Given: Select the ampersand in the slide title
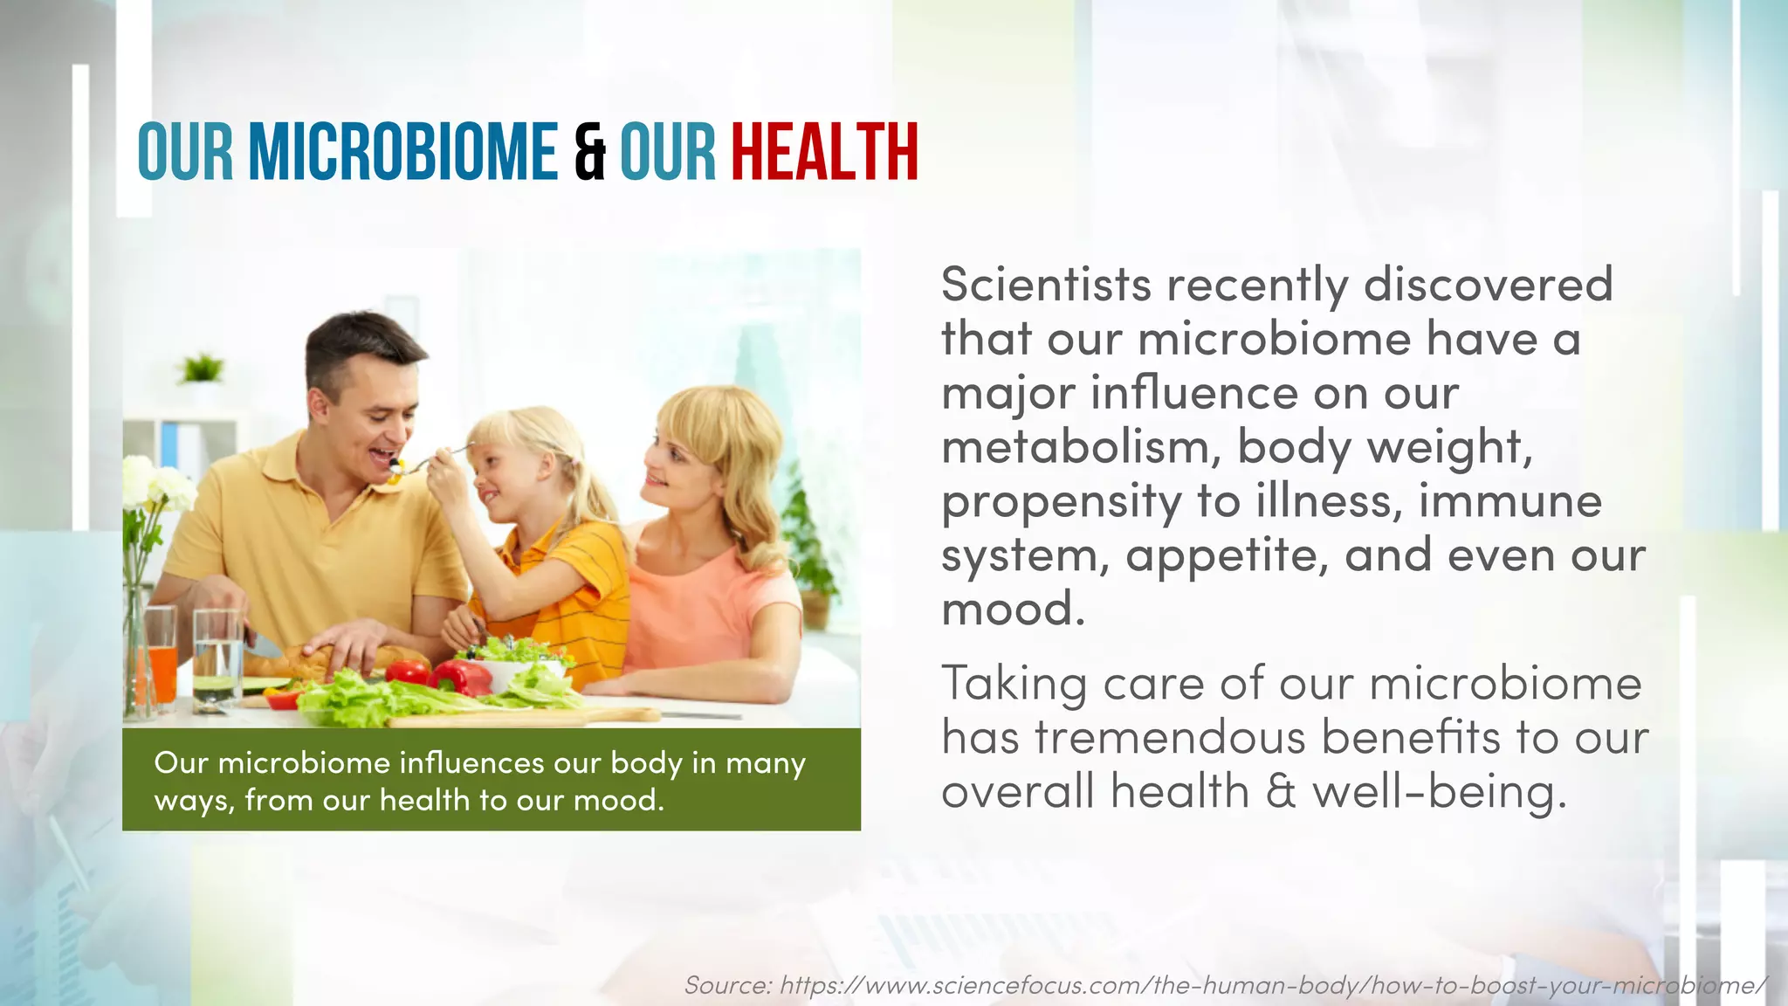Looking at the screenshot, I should tap(590, 154).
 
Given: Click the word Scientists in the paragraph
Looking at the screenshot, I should tap(1046, 285).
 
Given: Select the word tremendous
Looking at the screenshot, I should tap(1170, 737).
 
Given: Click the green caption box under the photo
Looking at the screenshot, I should tap(491, 780).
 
